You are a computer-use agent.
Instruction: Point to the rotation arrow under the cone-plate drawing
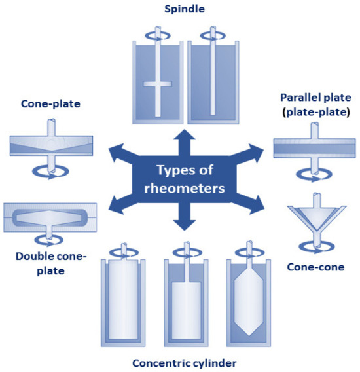51,171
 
